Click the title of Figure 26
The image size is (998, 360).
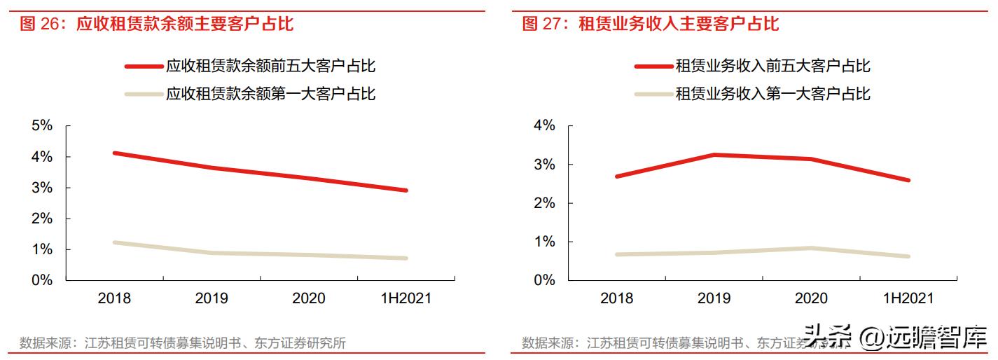point(157,25)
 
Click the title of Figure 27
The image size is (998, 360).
point(651,25)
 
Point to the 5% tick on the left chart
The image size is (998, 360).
point(42,126)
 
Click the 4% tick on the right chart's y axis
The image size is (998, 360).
point(544,126)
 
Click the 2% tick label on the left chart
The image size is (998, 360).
point(42,219)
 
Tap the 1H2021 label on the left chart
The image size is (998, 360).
point(406,298)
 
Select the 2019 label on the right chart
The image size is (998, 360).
point(714,298)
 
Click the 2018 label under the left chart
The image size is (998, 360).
point(114,298)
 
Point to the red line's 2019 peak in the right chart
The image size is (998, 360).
point(714,155)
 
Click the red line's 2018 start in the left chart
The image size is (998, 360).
point(114,153)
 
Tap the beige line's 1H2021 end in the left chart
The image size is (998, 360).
point(406,258)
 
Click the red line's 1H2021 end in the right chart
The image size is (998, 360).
point(908,180)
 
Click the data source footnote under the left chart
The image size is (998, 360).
point(183,343)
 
